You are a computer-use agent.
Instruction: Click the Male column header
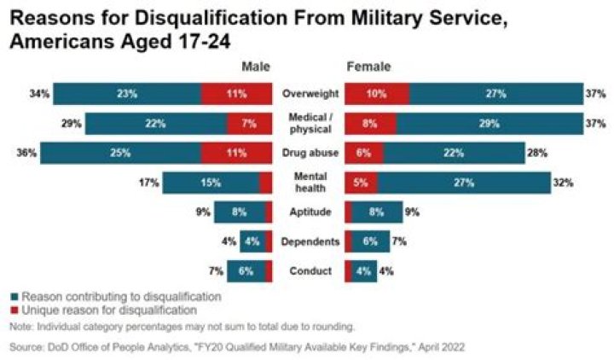[x=256, y=66]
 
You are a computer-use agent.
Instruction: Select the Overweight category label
[x=309, y=93]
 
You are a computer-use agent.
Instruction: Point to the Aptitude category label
[x=309, y=212]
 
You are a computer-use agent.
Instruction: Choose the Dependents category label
[x=309, y=241]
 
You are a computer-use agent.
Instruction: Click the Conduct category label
[x=309, y=271]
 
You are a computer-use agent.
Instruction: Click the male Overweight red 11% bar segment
[x=237, y=93]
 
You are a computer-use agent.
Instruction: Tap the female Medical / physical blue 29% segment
[x=489, y=123]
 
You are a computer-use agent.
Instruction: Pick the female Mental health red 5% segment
[x=361, y=182]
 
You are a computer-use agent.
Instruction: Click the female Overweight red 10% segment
[x=376, y=93]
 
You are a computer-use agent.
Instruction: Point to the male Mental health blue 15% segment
[x=211, y=182]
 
